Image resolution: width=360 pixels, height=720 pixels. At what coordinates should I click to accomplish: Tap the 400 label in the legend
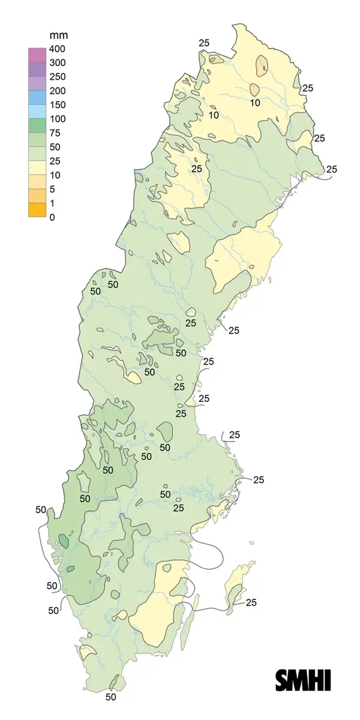[x=57, y=49]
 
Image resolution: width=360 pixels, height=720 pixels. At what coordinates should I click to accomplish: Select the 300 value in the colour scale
[x=57, y=63]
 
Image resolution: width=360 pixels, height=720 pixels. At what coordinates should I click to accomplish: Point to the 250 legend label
[x=57, y=77]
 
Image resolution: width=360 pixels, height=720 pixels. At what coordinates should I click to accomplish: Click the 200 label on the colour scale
[x=57, y=91]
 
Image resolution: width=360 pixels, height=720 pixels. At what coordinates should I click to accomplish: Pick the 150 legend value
[x=57, y=105]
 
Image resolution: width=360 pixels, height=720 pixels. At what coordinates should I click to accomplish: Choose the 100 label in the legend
[x=57, y=119]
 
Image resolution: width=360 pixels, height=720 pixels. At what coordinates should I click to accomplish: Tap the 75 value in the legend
[x=55, y=133]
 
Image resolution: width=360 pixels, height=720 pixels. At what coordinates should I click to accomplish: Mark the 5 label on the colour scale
[x=52, y=189]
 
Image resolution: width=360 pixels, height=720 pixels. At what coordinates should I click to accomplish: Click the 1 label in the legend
[x=52, y=203]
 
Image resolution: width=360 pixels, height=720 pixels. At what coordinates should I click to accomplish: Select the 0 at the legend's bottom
[x=52, y=217]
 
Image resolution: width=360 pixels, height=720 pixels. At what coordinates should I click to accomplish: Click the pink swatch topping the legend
[x=37, y=55]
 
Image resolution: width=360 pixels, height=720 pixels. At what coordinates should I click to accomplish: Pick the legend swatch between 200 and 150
[x=37, y=97]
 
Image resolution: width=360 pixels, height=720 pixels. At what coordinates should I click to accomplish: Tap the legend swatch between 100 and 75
[x=37, y=125]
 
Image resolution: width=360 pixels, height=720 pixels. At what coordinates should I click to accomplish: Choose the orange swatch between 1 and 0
[x=37, y=209]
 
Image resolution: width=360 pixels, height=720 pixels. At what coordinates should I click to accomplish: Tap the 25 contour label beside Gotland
[x=251, y=602]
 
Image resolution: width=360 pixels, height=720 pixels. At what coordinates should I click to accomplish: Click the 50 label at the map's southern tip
[x=110, y=697]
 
